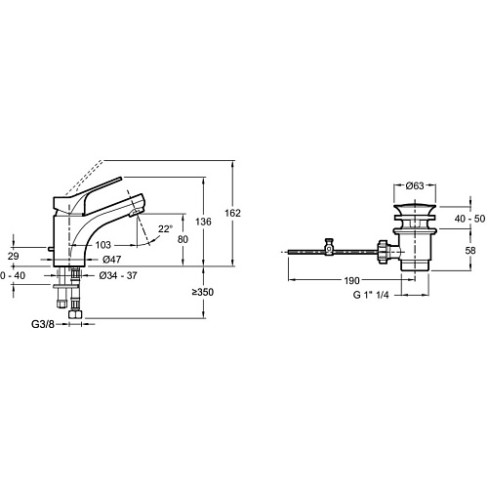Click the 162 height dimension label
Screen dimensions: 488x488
pyautogui.click(x=232, y=213)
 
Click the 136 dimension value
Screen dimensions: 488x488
pyautogui.click(x=203, y=222)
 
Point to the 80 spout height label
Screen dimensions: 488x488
pyautogui.click(x=183, y=239)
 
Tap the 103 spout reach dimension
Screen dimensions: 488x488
pyautogui.click(x=103, y=245)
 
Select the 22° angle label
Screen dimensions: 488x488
pyautogui.click(x=165, y=229)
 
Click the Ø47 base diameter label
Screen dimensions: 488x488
pyautogui.click(x=112, y=260)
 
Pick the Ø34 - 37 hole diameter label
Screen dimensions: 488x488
pyautogui.click(x=118, y=275)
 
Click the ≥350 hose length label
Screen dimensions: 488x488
pyautogui.click(x=203, y=292)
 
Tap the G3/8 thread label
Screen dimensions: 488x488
pyautogui.click(x=43, y=324)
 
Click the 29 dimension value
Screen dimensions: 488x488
pyautogui.click(x=14, y=256)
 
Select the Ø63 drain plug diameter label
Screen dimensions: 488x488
pyautogui.click(x=415, y=185)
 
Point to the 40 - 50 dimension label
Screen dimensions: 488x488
pyautogui.click(x=469, y=219)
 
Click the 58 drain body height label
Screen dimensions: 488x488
pyautogui.click(x=470, y=250)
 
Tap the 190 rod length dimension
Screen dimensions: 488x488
pyautogui.click(x=352, y=280)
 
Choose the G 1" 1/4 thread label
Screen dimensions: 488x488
pyautogui.click(x=371, y=295)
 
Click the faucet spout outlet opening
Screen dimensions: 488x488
pyautogui.click(x=135, y=213)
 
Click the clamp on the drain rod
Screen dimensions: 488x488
pyautogui.click(x=330, y=247)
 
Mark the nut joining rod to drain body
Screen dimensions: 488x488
pyautogui.click(x=384, y=252)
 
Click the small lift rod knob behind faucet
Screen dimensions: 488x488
pyautogui.click(x=51, y=249)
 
